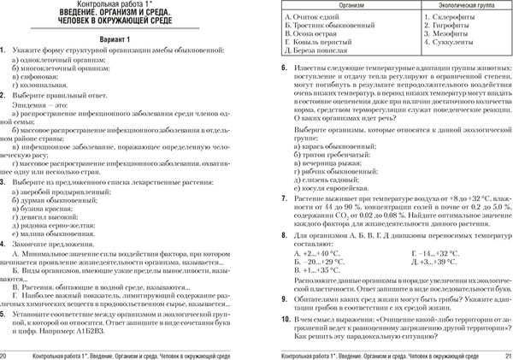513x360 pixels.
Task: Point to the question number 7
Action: [270, 198]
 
